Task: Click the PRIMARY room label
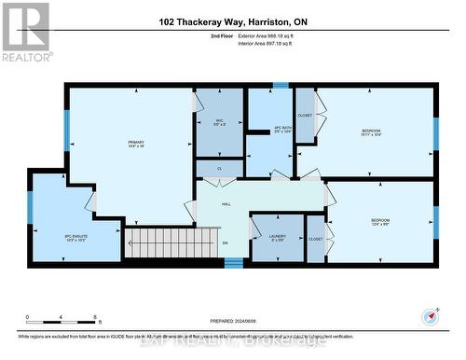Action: click(x=137, y=143)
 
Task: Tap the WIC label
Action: click(x=220, y=122)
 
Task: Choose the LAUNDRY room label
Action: click(x=277, y=236)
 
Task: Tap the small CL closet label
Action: click(x=219, y=168)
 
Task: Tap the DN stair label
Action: click(x=225, y=244)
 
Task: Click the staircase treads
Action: click(x=164, y=244)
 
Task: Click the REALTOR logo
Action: click(x=25, y=32)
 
